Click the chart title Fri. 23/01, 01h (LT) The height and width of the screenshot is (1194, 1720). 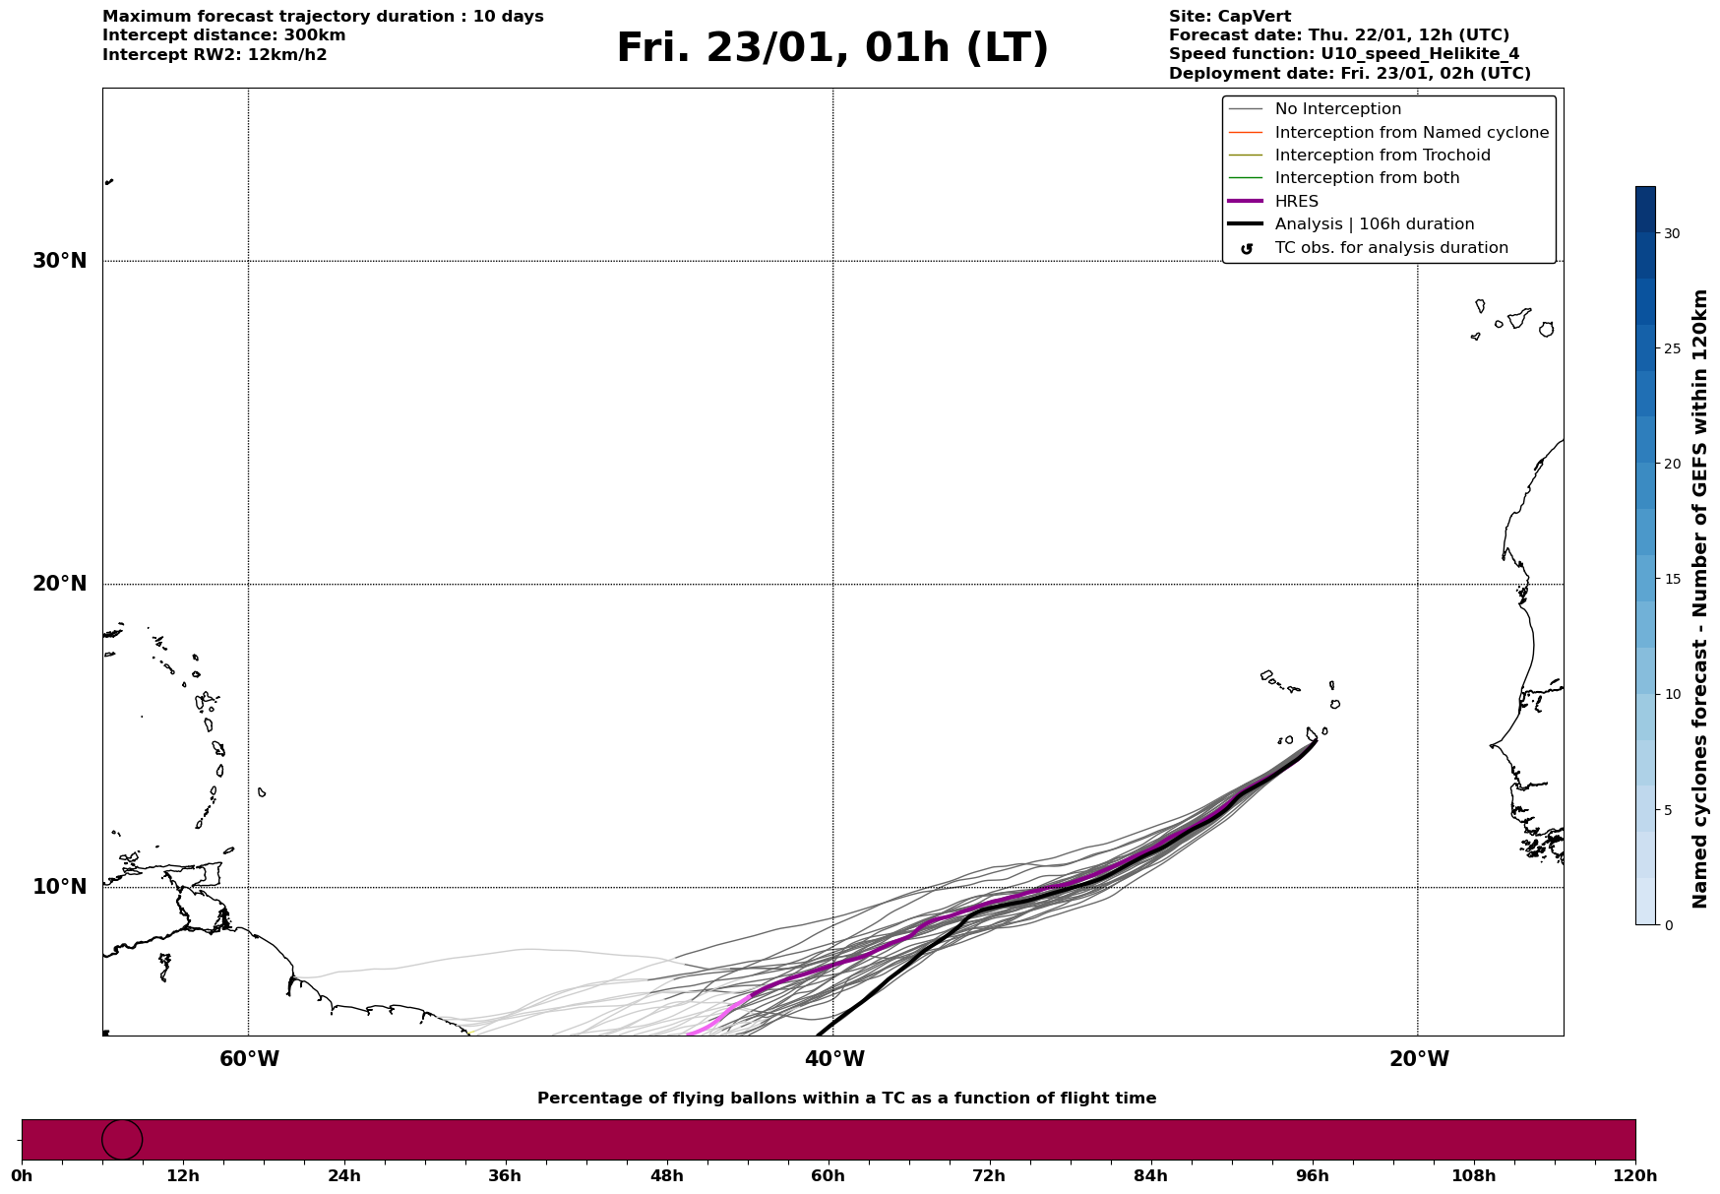point(832,48)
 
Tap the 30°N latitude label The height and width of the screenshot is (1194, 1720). point(59,261)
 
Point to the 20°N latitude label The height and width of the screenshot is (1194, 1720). point(59,584)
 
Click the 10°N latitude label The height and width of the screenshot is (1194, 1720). point(59,887)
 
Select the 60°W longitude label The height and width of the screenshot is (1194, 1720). point(249,1059)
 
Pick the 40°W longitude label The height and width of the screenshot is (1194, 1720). point(834,1059)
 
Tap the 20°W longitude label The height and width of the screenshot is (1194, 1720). point(1419,1059)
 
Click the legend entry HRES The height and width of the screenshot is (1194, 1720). point(1296,202)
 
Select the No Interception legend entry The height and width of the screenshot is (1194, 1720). point(1337,109)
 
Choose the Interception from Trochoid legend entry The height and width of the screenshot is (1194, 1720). point(1382,156)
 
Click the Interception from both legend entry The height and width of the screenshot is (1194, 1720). point(1367,178)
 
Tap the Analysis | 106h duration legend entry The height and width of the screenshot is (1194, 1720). point(1374,224)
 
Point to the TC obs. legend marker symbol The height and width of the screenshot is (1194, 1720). point(1246,248)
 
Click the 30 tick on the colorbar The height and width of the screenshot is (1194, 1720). point(1672,233)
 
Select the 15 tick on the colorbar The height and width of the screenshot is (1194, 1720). point(1672,579)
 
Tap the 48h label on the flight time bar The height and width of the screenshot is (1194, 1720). point(666,1176)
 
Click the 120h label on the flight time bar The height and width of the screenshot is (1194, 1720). point(1635,1176)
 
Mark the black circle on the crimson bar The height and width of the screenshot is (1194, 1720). point(122,1140)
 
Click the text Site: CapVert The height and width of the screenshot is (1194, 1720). point(1229,17)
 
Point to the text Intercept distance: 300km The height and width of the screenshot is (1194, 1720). point(223,35)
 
